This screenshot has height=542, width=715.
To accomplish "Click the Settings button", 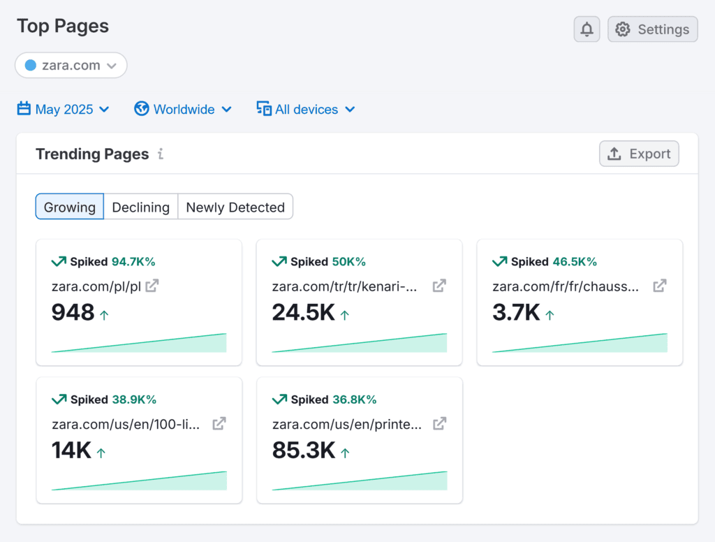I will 652,29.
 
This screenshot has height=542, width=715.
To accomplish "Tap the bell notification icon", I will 587,29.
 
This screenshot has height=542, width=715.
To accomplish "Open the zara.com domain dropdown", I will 71,66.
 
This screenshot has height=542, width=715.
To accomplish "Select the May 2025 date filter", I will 64,110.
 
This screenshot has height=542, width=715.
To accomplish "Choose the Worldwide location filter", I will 183,110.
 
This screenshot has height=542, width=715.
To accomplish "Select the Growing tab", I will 70,207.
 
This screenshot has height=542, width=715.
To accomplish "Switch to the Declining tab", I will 141,207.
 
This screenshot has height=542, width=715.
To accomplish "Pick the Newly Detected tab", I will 235,207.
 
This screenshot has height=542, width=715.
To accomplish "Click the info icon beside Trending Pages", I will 161,154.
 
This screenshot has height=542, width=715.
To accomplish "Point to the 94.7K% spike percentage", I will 133,262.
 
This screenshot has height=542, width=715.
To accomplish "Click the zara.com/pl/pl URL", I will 96,286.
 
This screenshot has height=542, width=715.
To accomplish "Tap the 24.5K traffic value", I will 304,313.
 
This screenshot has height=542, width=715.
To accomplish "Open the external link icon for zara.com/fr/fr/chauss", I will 659,286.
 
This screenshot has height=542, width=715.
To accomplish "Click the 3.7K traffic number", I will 516,313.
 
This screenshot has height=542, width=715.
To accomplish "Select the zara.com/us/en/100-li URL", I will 126,424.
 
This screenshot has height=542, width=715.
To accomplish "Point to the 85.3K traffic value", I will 304,451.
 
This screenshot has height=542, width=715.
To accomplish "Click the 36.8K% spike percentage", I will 354,400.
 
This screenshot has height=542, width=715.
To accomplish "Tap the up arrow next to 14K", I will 101,453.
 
